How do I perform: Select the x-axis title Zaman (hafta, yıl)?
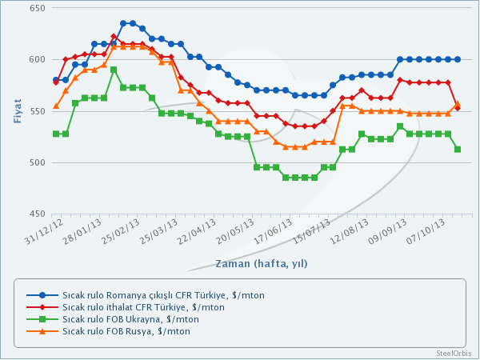[x=261, y=262]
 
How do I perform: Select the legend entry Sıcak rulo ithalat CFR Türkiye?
[x=143, y=307]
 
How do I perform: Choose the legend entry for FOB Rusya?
[x=126, y=331]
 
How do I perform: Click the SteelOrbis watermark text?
[x=453, y=353]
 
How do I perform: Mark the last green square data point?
[x=457, y=150]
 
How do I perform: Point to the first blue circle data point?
[x=56, y=80]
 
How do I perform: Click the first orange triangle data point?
[x=56, y=106]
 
